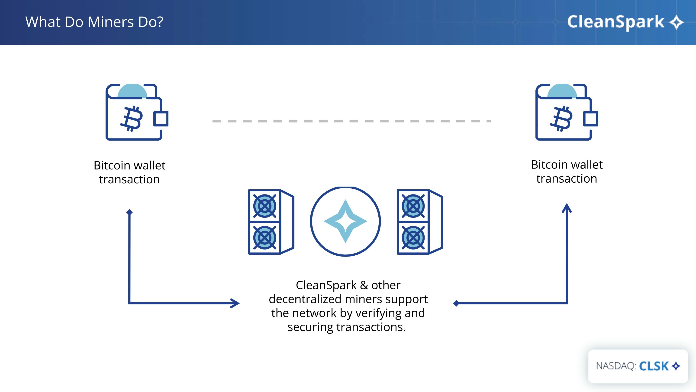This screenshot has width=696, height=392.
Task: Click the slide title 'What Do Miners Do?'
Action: (94, 22)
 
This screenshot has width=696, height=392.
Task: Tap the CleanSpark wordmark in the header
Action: (615, 22)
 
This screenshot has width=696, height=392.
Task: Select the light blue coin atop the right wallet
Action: (562, 91)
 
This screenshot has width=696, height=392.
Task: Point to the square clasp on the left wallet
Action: (161, 119)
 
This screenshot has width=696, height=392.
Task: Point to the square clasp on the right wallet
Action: (591, 119)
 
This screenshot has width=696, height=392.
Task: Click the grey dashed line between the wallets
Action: (351, 121)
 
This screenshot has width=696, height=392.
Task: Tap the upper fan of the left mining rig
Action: (264, 206)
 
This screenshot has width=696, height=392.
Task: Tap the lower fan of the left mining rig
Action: (264, 238)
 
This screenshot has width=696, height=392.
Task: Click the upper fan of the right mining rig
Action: (413, 206)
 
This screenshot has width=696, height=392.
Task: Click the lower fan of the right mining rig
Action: (413, 238)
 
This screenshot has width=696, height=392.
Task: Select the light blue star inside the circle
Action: (345, 221)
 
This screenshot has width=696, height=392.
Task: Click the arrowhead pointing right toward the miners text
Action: (235, 303)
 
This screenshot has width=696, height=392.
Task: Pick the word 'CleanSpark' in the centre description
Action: (326, 285)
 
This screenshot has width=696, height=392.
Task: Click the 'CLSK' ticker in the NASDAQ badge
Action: (654, 366)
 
